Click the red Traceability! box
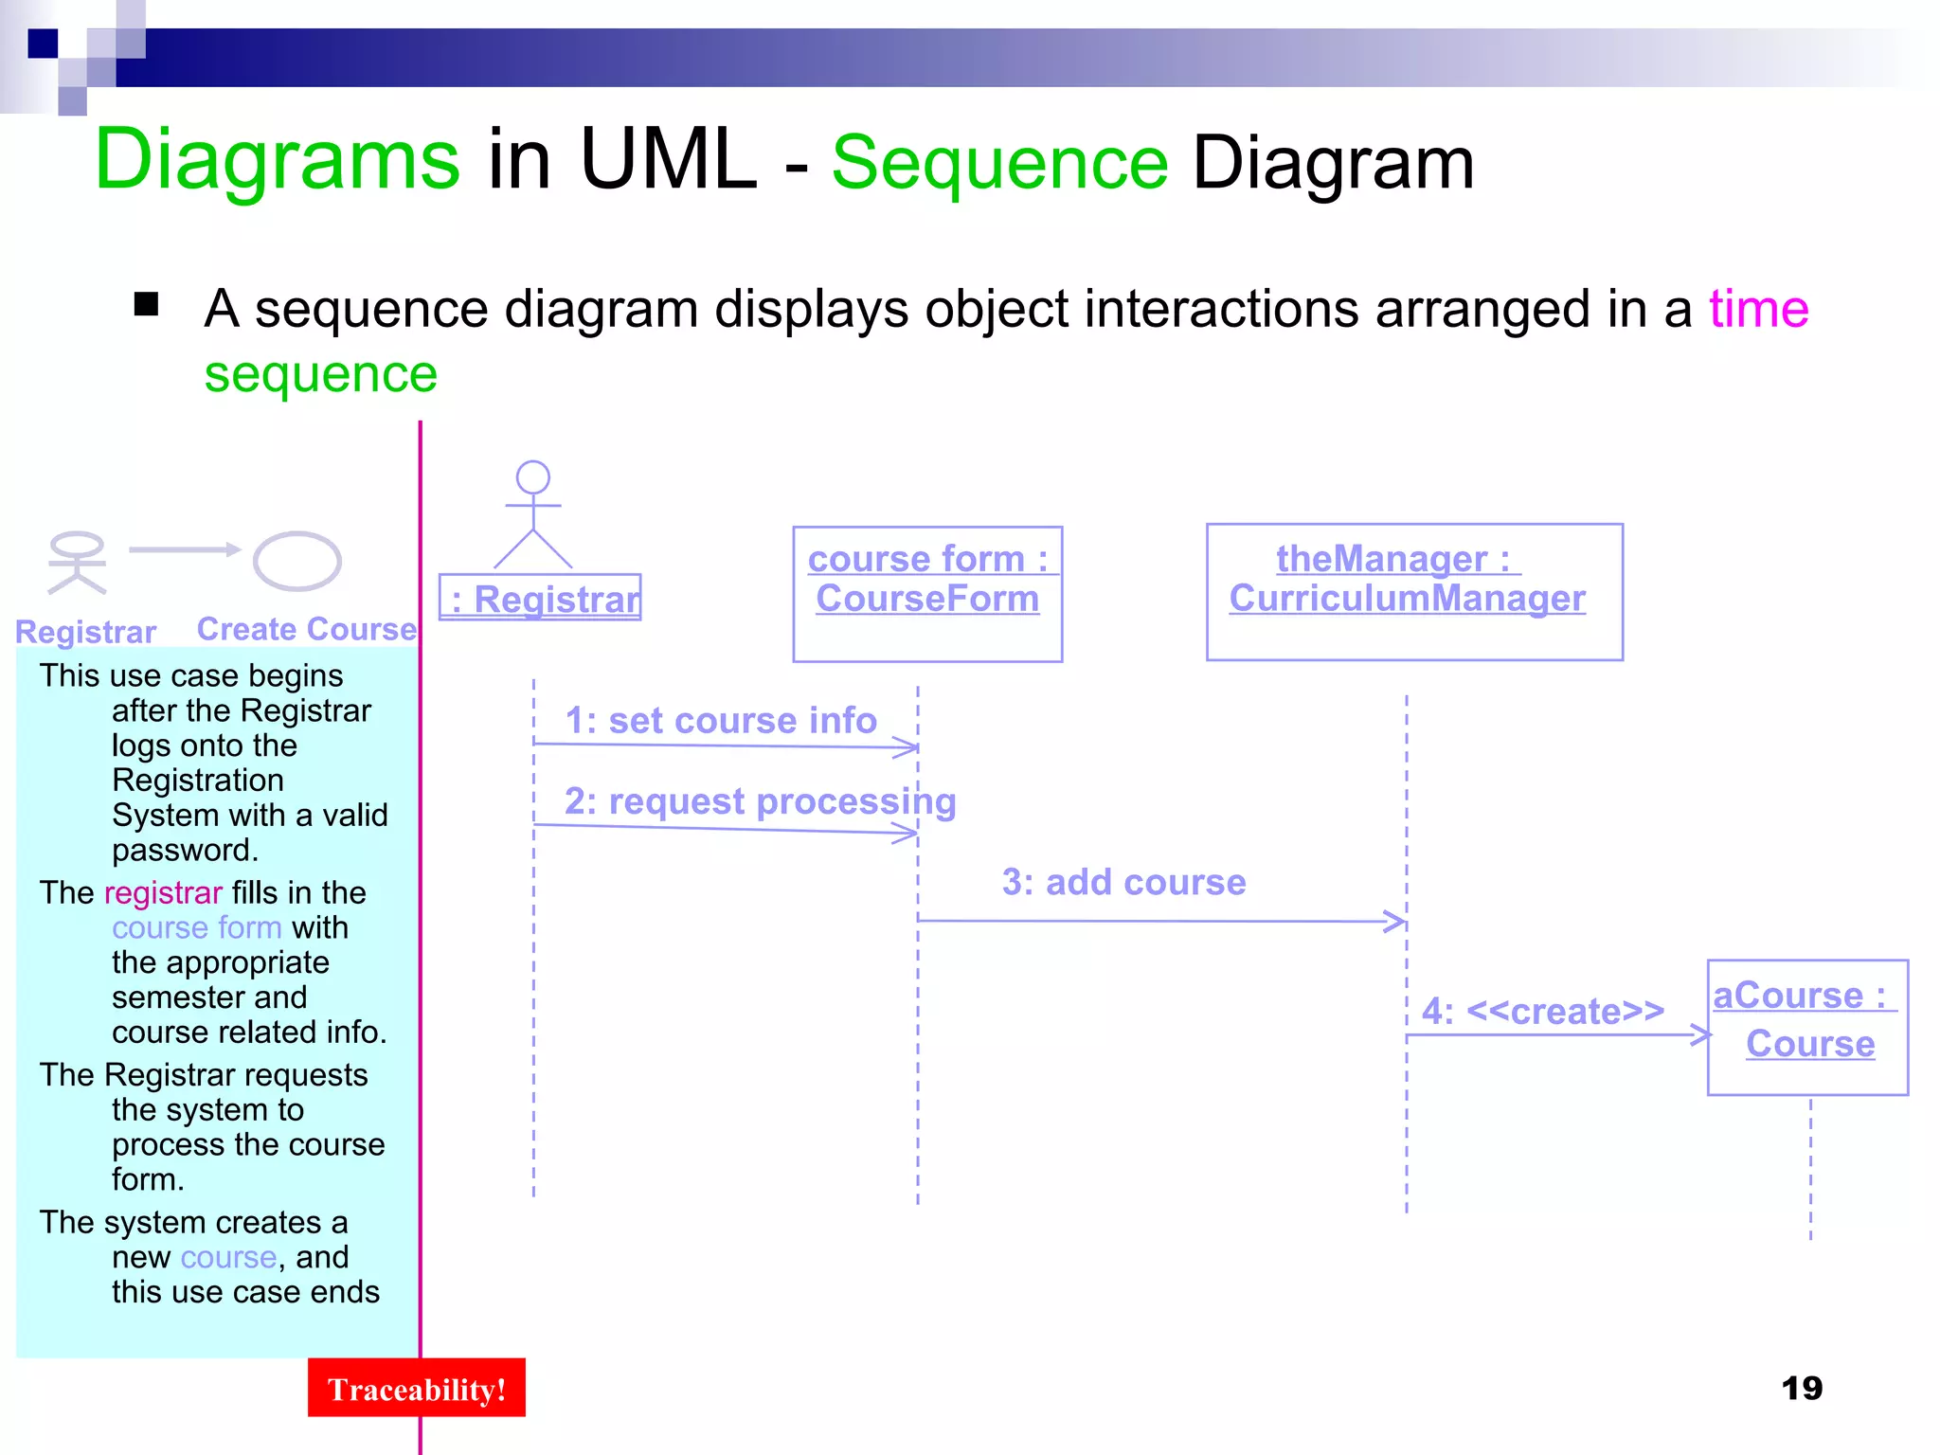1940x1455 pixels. click(x=416, y=1388)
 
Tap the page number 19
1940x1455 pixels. click(x=1801, y=1388)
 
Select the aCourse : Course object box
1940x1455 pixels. click(x=1806, y=1027)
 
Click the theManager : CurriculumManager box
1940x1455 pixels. click(x=1413, y=591)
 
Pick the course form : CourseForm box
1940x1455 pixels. click(x=927, y=593)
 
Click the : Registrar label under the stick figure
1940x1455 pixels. click(x=541, y=599)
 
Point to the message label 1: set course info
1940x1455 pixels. click(x=721, y=721)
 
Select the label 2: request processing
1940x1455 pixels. click(x=760, y=801)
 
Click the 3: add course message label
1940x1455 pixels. click(x=1123, y=882)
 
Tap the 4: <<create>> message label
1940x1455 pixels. click(x=1542, y=1011)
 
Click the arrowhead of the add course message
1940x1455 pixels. click(x=1396, y=921)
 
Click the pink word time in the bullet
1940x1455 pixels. click(x=1758, y=309)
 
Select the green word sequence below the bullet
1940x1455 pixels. click(x=321, y=374)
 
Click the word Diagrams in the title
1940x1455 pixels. click(x=278, y=159)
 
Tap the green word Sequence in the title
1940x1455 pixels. click(x=999, y=163)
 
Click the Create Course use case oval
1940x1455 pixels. click(x=296, y=561)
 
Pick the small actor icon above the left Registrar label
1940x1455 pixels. click(x=77, y=562)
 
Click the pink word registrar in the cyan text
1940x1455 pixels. click(x=163, y=892)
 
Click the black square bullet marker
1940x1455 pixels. click(x=146, y=304)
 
